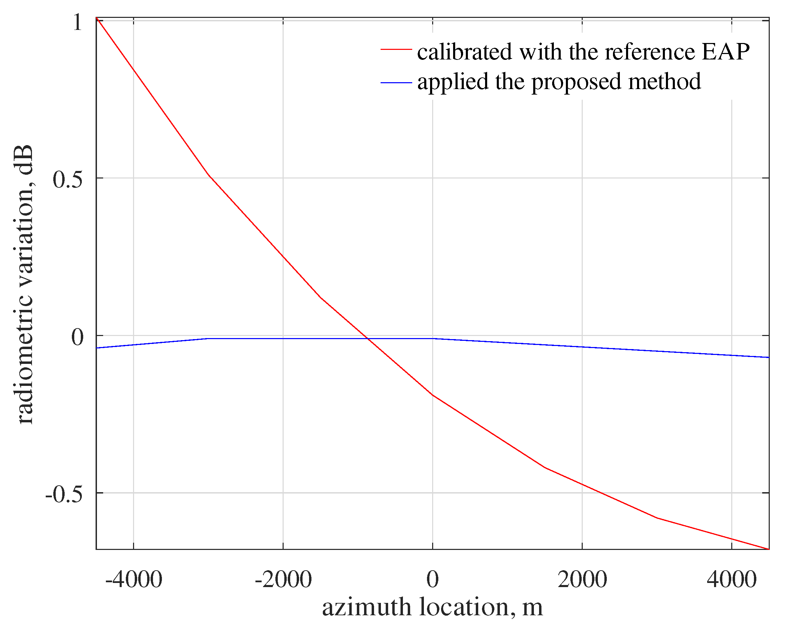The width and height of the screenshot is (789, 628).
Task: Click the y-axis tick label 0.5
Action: [x=68, y=180]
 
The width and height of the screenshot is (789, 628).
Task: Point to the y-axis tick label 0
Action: [x=77, y=337]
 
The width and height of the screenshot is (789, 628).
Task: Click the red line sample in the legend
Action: [x=396, y=50]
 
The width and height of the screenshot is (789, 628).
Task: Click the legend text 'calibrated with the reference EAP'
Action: [x=583, y=52]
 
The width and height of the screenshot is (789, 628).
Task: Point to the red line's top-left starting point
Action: [x=97, y=18]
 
